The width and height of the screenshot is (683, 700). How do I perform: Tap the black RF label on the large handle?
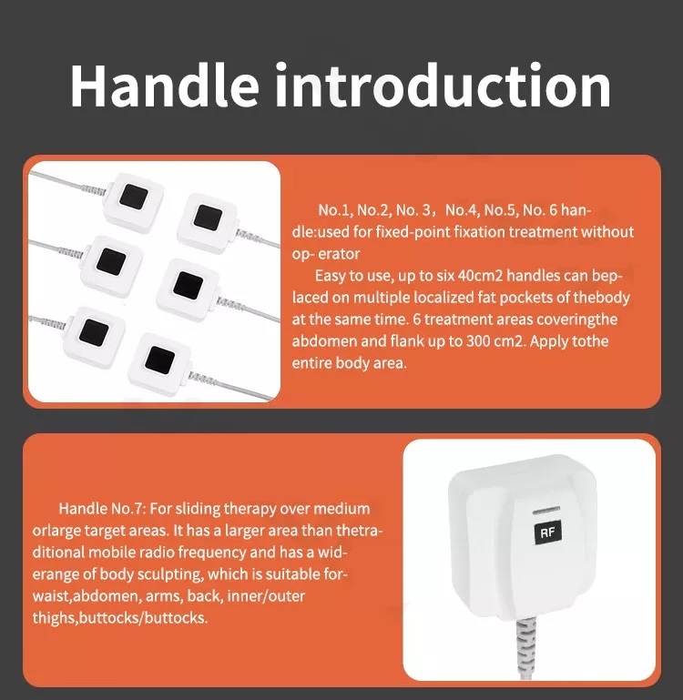(x=547, y=533)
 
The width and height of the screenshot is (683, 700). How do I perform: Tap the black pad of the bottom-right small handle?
(x=159, y=360)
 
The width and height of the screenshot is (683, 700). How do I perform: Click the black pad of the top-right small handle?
(x=208, y=218)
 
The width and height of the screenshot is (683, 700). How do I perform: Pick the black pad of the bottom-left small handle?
(x=94, y=332)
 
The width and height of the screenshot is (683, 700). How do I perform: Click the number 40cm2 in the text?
(x=480, y=276)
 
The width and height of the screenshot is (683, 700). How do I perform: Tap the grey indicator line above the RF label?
(x=545, y=510)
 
